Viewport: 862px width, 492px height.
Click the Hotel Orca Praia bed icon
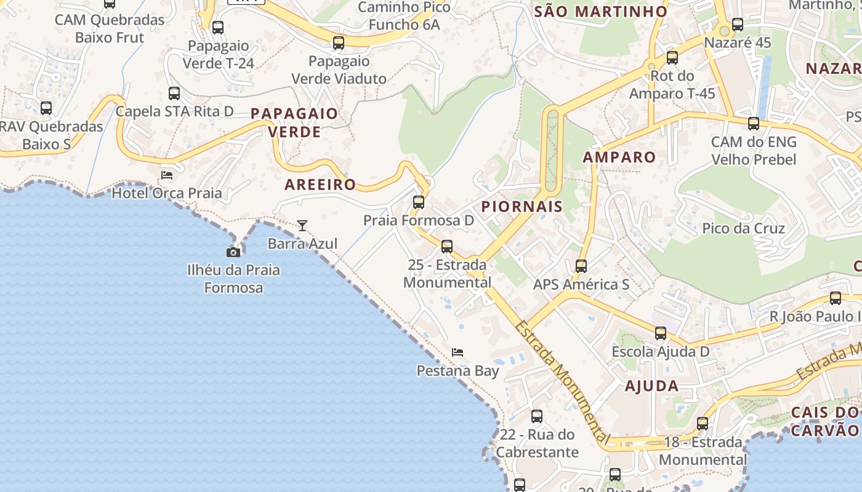pyautogui.click(x=167, y=175)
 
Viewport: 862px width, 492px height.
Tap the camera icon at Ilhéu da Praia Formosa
pyautogui.click(x=233, y=252)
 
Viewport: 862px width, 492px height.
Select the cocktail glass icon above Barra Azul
pyautogui.click(x=302, y=226)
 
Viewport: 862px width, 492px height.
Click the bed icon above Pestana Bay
pyautogui.click(x=457, y=352)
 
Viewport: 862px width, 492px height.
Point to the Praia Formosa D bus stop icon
pyautogui.click(x=419, y=202)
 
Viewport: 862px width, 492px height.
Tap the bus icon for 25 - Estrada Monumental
pyautogui.click(x=447, y=247)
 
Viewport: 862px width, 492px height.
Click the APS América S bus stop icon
pyautogui.click(x=581, y=266)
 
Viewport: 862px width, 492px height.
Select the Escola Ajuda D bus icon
pyautogui.click(x=661, y=333)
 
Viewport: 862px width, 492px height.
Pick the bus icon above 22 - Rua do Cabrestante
pyautogui.click(x=537, y=416)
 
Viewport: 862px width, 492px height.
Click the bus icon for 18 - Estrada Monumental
pyautogui.click(x=703, y=424)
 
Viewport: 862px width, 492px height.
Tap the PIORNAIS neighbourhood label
pyautogui.click(x=522, y=207)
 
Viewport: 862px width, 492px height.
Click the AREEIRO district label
pyautogui.click(x=320, y=184)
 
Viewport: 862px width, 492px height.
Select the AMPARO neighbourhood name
pyautogui.click(x=619, y=157)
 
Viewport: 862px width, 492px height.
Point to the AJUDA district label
pyautogui.click(x=651, y=386)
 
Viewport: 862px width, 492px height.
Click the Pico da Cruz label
pyautogui.click(x=743, y=229)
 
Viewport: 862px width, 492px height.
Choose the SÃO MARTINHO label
pyautogui.click(x=601, y=12)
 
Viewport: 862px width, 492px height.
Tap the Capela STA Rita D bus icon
pyautogui.click(x=174, y=93)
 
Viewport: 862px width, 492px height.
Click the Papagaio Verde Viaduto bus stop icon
pyautogui.click(x=339, y=43)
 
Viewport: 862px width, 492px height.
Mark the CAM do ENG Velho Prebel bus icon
pyautogui.click(x=754, y=124)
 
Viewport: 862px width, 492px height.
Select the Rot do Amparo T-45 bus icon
pyautogui.click(x=672, y=58)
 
